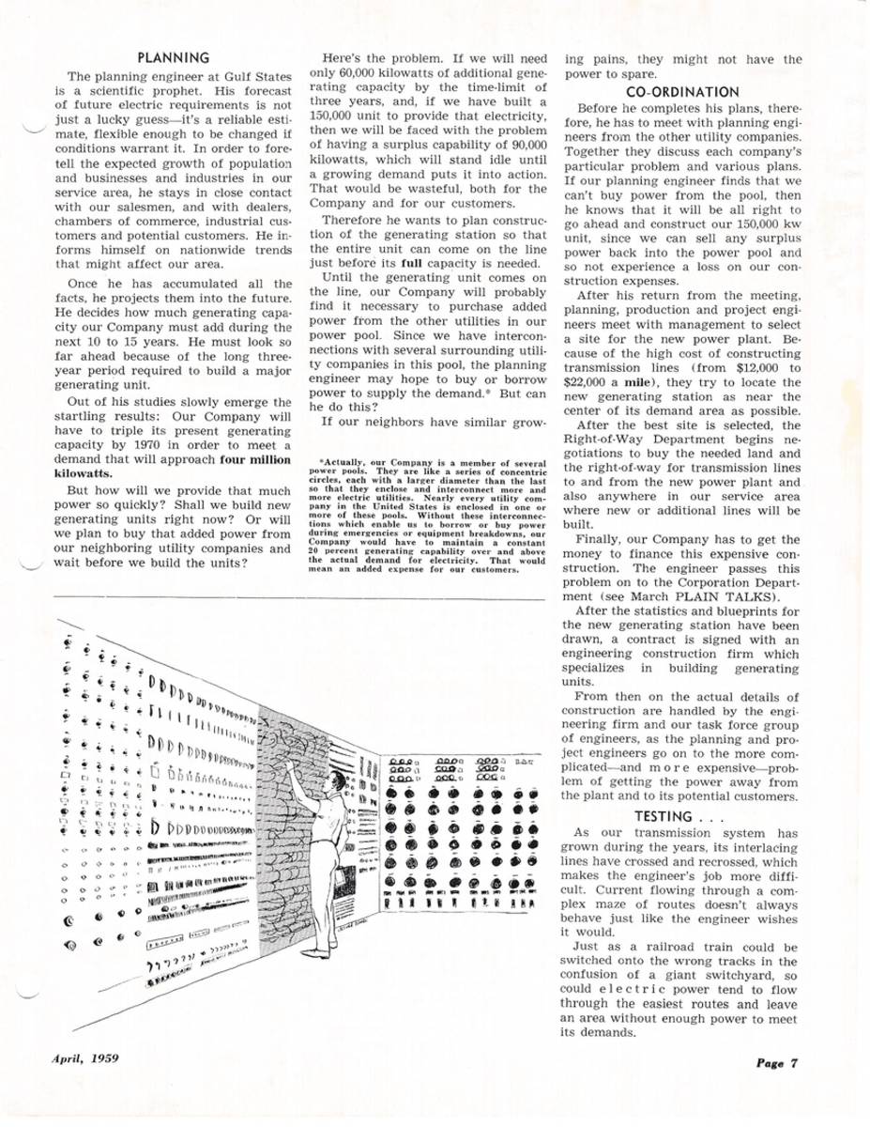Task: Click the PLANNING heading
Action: click(x=173, y=58)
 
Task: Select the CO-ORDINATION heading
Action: click(x=682, y=92)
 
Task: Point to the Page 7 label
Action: click(x=773, y=1063)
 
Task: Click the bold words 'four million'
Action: click(x=253, y=460)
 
